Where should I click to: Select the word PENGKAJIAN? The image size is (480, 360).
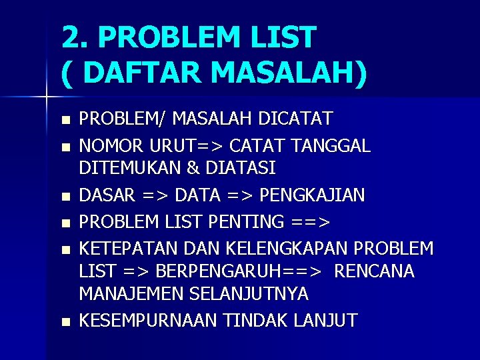pyautogui.click(x=312, y=195)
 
